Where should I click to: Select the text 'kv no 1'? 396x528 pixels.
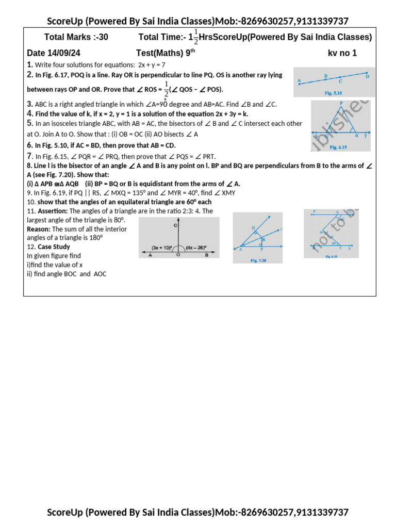(342, 53)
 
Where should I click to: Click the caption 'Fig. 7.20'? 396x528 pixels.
(258, 261)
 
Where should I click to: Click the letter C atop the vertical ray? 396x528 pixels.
(176, 225)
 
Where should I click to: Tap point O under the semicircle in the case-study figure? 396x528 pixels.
(178, 255)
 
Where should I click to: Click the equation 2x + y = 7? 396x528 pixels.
(152, 65)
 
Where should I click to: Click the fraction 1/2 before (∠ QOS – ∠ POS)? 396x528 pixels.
(166, 88)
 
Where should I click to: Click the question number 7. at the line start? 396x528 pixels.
(30, 156)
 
